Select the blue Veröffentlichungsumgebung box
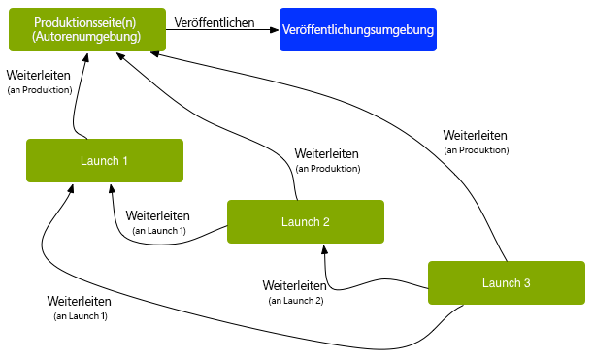358,30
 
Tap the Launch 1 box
105,160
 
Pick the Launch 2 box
306,222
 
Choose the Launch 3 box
506,282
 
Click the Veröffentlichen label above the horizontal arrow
214,21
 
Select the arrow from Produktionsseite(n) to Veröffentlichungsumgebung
223,31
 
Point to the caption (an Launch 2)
295,301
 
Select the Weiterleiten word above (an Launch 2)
295,286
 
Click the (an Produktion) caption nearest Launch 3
476,150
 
